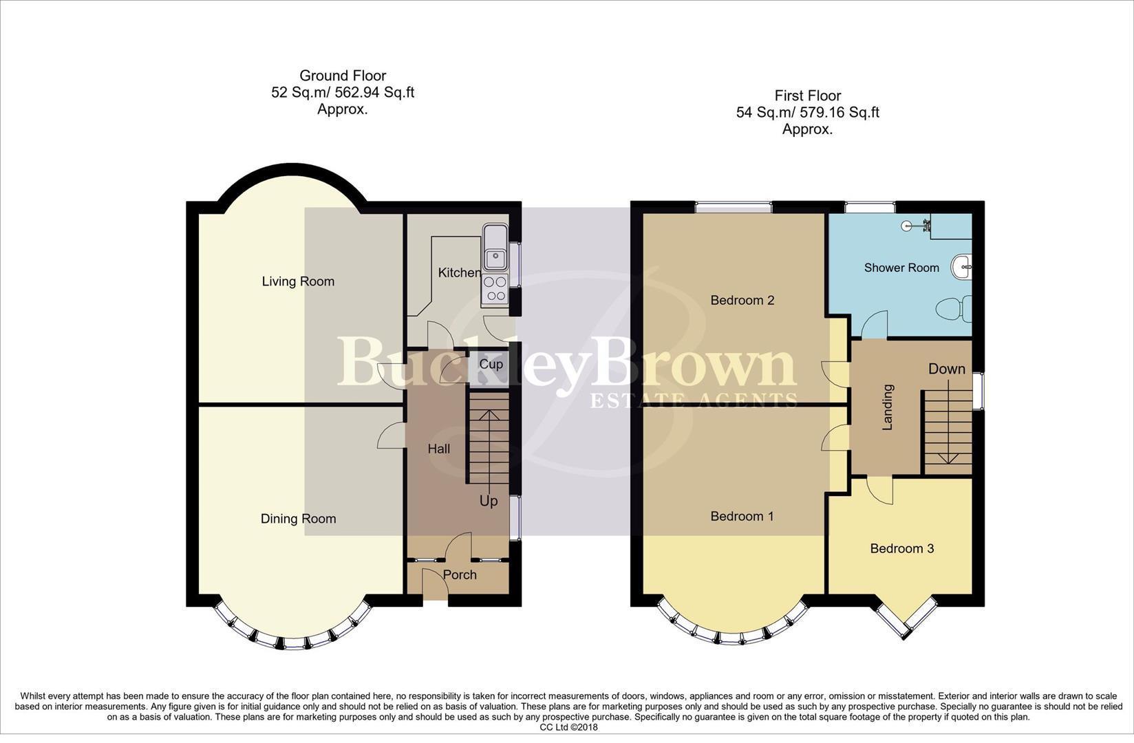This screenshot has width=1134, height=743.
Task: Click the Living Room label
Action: click(298, 281)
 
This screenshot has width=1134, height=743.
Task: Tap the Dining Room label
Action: click(298, 519)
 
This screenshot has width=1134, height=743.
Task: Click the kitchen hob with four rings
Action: click(494, 288)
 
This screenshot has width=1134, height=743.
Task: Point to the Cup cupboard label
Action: click(491, 364)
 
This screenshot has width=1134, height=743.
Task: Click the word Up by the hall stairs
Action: click(489, 501)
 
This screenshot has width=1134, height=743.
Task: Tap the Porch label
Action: click(460, 574)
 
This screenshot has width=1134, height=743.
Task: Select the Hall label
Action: click(439, 449)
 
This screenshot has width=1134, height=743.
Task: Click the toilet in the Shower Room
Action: click(954, 308)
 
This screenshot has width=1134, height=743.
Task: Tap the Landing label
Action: click(888, 407)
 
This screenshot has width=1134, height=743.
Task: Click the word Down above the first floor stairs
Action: click(947, 369)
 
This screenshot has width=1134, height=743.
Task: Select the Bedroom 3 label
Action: click(901, 548)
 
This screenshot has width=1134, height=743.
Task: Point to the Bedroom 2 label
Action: click(742, 300)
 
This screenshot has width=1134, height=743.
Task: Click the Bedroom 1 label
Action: click(742, 516)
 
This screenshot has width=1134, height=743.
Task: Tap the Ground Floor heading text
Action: click(343, 76)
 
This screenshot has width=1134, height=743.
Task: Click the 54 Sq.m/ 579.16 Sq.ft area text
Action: click(807, 112)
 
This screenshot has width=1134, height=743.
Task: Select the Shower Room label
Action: click(901, 268)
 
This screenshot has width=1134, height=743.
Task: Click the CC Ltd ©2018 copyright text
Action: click(568, 727)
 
